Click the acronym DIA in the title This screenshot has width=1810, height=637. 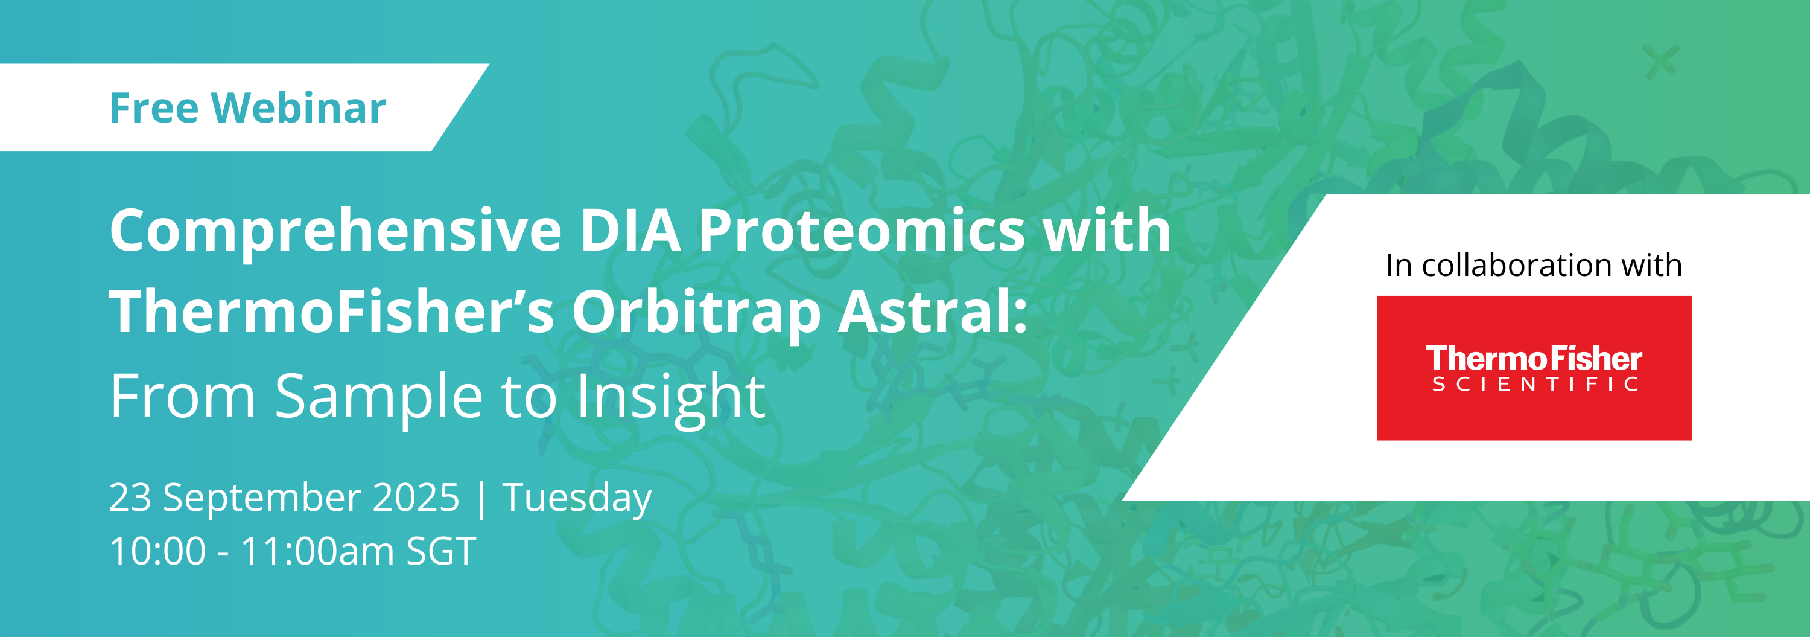coord(630,230)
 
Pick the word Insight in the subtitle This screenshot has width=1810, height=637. coord(670,398)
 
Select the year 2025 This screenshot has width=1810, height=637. coord(415,498)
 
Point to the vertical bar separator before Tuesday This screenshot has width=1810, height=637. coord(481,499)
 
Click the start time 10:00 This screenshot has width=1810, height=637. coord(158,551)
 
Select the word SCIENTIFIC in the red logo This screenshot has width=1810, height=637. coord(1534,384)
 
